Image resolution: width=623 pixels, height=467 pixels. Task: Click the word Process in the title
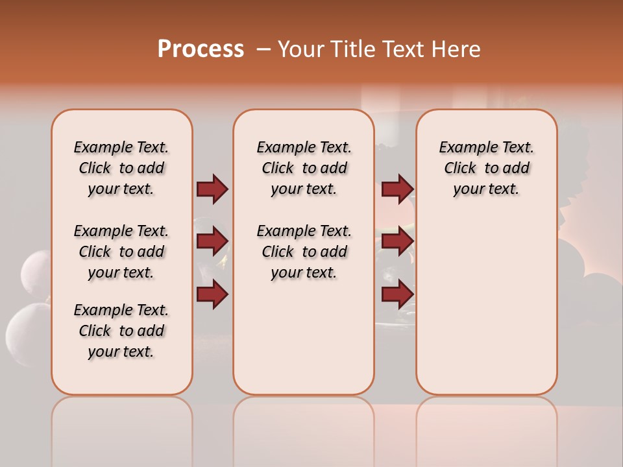(201, 49)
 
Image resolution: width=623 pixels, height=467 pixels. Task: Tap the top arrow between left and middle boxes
(212, 189)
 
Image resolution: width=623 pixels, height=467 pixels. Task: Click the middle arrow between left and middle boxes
(212, 242)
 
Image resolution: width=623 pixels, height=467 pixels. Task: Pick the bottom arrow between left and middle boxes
(212, 294)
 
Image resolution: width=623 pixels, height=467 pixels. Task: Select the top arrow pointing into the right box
(397, 189)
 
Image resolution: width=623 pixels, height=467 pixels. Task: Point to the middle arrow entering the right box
(397, 242)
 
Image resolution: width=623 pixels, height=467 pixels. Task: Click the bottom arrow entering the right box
(397, 294)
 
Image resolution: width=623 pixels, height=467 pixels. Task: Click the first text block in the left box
(121, 168)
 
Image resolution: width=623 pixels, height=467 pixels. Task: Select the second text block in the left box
(121, 252)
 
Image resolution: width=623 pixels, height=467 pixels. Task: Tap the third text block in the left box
(121, 331)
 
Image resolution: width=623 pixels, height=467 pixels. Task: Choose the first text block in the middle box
(304, 168)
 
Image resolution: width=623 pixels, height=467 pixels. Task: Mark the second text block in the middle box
(304, 252)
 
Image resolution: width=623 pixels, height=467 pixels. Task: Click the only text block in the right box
(487, 168)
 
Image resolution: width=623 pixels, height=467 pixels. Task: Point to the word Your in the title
(301, 49)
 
